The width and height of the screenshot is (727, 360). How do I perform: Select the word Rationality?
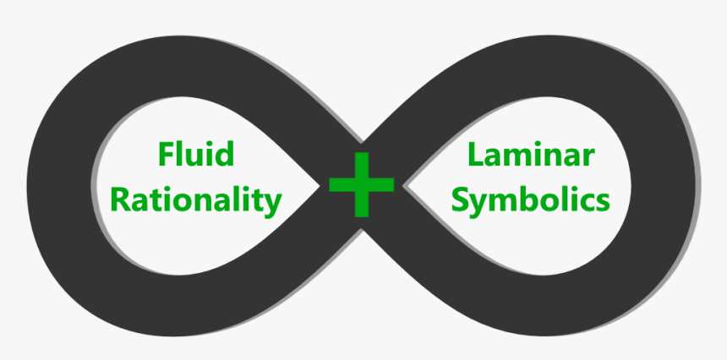pos(196,200)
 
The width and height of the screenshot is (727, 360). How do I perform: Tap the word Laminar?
pos(531,156)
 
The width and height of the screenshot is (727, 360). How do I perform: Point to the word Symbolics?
pos(531,201)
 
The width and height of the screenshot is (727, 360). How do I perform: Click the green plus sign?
pos(362,183)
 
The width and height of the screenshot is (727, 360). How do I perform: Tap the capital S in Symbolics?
pos(462,200)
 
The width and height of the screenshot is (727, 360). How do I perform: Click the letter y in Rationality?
pos(272,204)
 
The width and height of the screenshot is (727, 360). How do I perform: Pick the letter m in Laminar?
pos(522,159)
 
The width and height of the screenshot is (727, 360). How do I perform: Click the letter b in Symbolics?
pos(535,199)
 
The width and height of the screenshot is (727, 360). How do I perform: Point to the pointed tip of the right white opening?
pos(401,185)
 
